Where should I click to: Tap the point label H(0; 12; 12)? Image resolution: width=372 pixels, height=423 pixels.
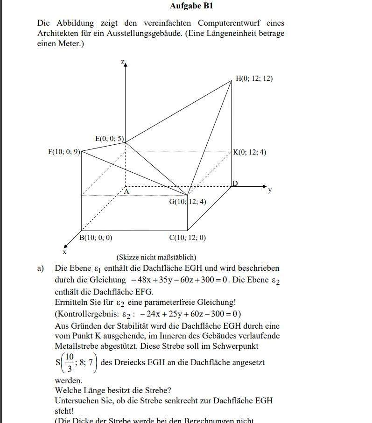(x=254, y=78)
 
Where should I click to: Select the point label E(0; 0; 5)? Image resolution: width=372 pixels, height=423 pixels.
(x=110, y=139)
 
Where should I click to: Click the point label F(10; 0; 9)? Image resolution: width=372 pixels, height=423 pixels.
(x=64, y=152)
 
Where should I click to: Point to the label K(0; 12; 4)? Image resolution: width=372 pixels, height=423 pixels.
(x=250, y=152)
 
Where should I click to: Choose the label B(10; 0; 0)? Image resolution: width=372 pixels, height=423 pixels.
(x=96, y=237)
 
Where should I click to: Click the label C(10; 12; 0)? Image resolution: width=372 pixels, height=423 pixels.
(x=187, y=237)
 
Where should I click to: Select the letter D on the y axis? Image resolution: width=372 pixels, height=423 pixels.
(x=235, y=183)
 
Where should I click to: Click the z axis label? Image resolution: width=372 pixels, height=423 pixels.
(x=122, y=62)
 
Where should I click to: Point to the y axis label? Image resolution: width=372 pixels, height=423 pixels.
(x=270, y=190)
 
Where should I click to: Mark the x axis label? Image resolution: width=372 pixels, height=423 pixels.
(x=64, y=252)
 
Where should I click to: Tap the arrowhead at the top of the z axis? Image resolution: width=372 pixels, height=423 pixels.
(x=126, y=65)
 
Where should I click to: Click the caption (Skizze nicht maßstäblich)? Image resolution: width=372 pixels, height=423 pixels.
(x=156, y=257)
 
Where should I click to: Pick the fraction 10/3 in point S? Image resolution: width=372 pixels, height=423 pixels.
(x=69, y=362)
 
